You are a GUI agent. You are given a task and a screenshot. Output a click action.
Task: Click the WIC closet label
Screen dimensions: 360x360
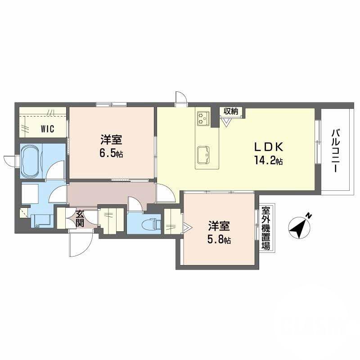(47, 129)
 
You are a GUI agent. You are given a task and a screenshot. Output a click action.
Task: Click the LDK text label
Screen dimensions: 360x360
(269, 148)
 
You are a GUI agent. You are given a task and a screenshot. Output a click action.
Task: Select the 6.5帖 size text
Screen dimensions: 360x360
(111, 153)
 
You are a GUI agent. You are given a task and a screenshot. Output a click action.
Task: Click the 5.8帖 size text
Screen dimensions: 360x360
(219, 240)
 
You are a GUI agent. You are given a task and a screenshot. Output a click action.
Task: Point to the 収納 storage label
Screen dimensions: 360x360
(232, 111)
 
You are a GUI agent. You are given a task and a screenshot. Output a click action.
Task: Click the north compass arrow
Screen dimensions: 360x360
(298, 227)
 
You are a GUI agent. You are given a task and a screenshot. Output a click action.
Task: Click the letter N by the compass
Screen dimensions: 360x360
(309, 215)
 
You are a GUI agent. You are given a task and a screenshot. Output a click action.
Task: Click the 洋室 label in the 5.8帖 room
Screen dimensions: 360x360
(219, 226)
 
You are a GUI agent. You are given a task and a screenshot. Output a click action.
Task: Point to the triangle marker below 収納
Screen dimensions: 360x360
(226, 121)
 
